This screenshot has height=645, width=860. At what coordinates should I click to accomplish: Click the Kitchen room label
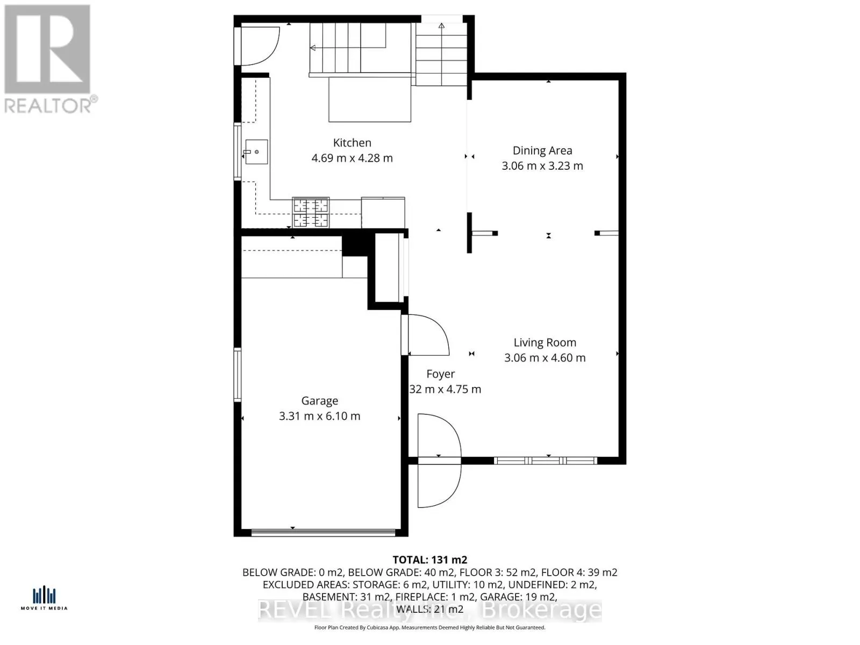pos(352,142)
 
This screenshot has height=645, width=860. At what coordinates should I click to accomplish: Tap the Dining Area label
pos(542,150)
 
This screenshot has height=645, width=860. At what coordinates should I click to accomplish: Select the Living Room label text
pos(544,342)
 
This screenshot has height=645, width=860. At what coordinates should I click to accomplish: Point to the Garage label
pos(319,400)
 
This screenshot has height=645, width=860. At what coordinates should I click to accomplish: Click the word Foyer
pos(440,374)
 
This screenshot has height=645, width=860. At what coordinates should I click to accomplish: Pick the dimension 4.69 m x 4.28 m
pos(352,158)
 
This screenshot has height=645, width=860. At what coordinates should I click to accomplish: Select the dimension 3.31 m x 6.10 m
pos(319,416)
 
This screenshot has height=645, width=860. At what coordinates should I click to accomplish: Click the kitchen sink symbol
pos(256,152)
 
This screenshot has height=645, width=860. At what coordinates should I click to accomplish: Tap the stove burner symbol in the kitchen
pos(310,212)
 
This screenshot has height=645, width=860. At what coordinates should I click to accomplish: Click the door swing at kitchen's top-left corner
pos(258,46)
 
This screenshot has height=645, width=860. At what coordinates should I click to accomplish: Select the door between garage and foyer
pos(427,334)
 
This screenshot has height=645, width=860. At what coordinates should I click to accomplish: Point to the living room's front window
pos(545,461)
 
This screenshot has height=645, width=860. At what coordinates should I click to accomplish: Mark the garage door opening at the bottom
pos(324,533)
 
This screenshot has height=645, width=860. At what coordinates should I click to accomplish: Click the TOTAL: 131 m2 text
pos(429,560)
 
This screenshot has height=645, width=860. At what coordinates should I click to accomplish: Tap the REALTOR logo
pos(48,59)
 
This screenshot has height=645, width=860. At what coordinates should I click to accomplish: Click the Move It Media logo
pos(44,598)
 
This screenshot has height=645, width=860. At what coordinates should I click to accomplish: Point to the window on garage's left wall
pos(237,374)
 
